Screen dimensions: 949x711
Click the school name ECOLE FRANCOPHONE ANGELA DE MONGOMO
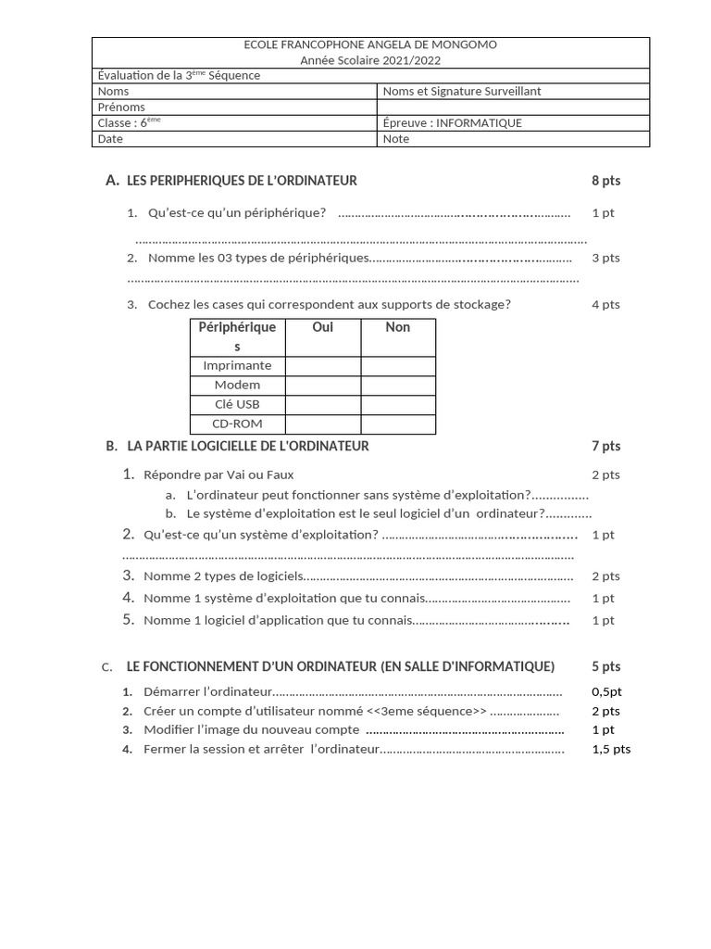click(x=370, y=44)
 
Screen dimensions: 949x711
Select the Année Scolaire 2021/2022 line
click(x=370, y=60)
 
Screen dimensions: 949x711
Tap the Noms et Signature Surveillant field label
click(x=462, y=91)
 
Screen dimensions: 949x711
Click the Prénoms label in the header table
click(x=121, y=107)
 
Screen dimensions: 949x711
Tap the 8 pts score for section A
click(x=605, y=181)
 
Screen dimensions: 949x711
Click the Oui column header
click(x=322, y=327)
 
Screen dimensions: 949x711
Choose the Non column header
click(x=397, y=327)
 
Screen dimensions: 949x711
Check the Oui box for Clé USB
click(x=322, y=404)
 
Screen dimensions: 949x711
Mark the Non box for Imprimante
click(x=397, y=366)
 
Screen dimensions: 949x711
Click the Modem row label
click(x=237, y=385)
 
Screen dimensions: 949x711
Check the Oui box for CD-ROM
click(x=322, y=424)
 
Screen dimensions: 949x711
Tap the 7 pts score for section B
click(x=605, y=446)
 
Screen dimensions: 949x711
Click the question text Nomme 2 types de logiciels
click(x=223, y=576)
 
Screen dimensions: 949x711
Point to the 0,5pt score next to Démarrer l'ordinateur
click(x=606, y=691)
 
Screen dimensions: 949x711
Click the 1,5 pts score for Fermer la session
click(x=610, y=749)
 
